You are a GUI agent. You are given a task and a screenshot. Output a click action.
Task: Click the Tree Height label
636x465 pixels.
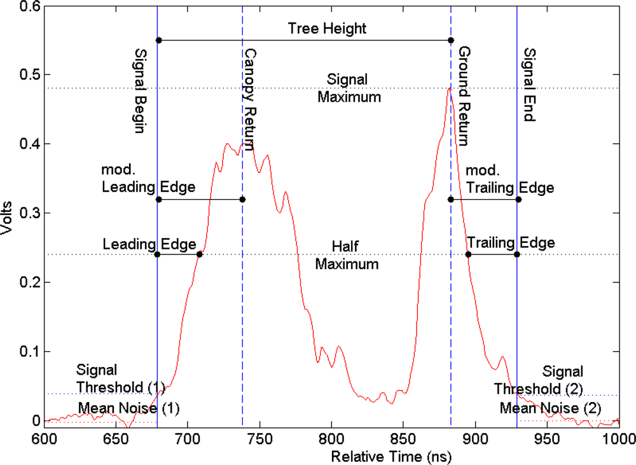[x=327, y=29]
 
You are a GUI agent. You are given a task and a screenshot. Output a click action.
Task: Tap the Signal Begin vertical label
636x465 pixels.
[x=141, y=90]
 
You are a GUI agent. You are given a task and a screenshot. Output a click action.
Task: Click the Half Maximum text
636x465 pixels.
[x=347, y=255]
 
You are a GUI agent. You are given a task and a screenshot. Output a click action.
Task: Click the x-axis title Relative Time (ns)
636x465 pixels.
[x=331, y=456]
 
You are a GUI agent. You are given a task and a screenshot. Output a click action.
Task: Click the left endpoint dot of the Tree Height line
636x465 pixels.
[x=158, y=40]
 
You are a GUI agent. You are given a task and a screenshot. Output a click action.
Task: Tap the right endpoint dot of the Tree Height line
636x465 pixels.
[x=451, y=40]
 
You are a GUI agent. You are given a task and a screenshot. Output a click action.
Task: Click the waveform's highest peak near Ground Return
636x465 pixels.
[x=448, y=88]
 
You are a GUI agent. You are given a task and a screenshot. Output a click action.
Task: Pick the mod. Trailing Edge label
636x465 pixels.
[x=510, y=179]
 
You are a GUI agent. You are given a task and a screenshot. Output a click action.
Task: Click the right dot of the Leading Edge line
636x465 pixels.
[x=200, y=254]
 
